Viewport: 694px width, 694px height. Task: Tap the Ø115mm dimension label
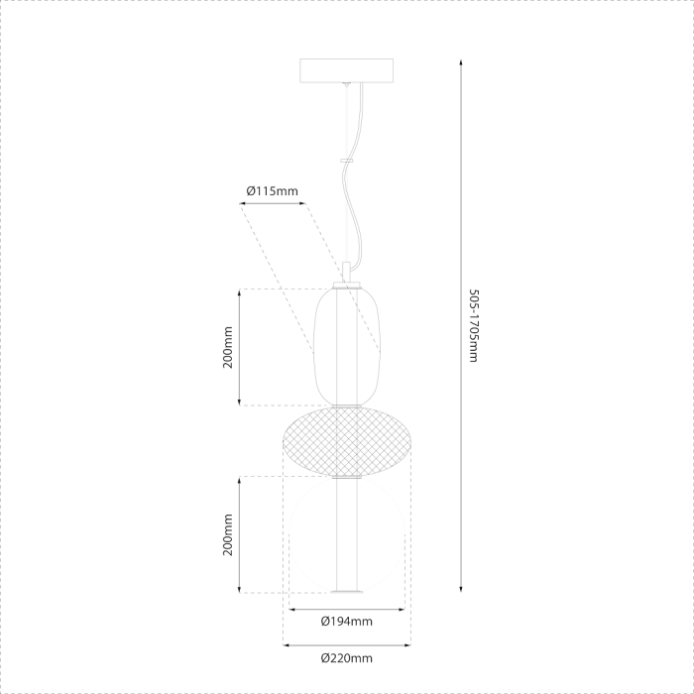coord(272,190)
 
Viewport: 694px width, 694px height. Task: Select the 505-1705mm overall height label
coord(473,326)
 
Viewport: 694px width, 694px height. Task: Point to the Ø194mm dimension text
coord(346,622)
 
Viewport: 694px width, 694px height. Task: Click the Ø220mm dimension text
coord(346,657)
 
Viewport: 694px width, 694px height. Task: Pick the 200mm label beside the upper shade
coord(227,347)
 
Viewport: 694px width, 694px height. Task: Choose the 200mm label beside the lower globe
coord(227,534)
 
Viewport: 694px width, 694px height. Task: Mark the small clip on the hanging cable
coord(346,159)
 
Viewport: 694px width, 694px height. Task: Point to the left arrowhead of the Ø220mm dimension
coord(288,644)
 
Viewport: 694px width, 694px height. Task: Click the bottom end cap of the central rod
coord(346,593)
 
